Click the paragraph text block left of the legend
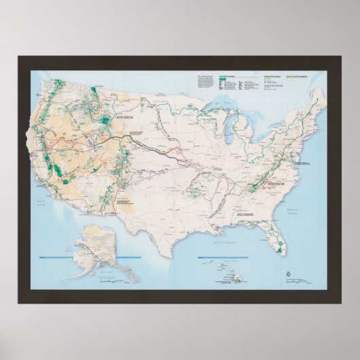(204, 82)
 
